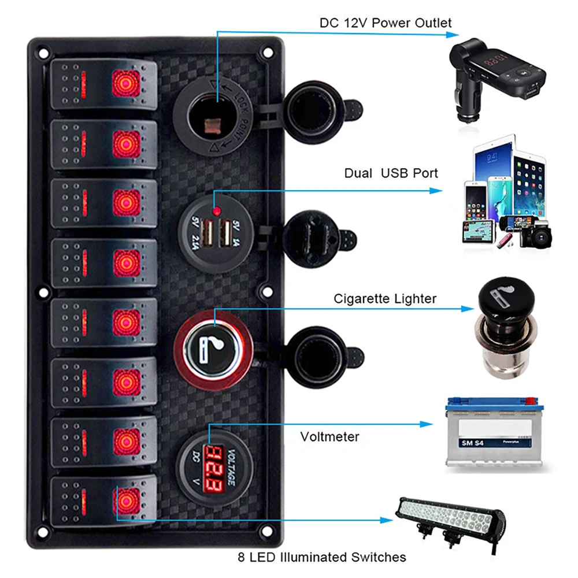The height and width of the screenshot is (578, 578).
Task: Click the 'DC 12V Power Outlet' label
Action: [386, 24]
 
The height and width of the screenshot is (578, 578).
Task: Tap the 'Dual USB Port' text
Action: [391, 173]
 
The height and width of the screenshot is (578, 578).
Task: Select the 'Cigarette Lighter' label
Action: [385, 299]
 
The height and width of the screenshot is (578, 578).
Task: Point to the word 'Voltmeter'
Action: [329, 436]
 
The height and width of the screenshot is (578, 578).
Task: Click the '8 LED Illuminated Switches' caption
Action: [322, 557]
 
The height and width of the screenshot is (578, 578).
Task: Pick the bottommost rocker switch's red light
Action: [127, 498]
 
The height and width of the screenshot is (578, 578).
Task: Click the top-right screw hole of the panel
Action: [268, 51]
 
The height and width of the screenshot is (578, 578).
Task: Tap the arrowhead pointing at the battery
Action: [428, 424]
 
